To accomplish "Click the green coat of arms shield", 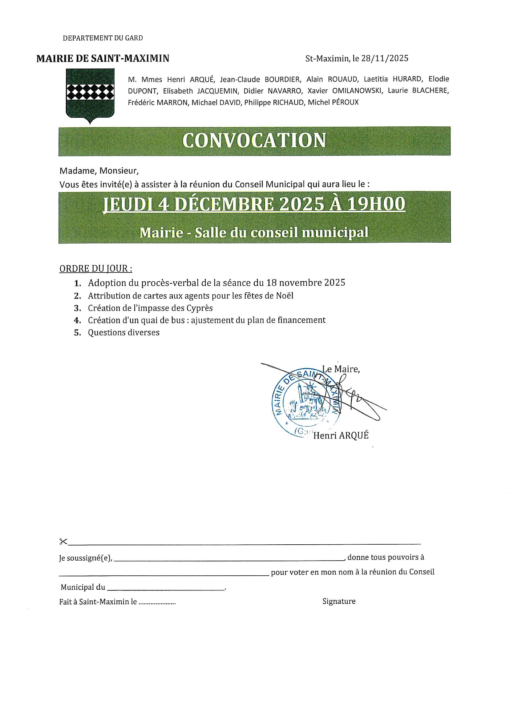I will tap(90, 95).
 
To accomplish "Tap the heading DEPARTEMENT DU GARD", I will tap(103, 38).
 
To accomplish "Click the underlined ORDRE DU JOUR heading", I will tap(95, 269).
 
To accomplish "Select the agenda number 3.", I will tap(78, 308).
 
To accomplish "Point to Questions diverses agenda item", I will tap(123, 332).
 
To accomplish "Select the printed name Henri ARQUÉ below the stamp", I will tap(341, 435).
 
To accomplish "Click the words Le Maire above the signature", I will tap(341, 369).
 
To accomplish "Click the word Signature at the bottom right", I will tap(339, 601).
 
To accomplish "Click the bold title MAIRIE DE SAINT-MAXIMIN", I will tap(103, 58).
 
